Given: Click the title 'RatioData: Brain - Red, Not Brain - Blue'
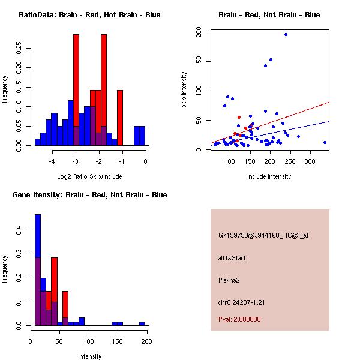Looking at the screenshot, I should (x=89, y=15).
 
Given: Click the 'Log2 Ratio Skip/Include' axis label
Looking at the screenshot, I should (x=89, y=176).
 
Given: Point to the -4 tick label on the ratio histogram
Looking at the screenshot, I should (x=52, y=161).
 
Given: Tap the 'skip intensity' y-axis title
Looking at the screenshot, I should (x=184, y=90).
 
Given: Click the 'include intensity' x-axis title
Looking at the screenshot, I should (x=269, y=176).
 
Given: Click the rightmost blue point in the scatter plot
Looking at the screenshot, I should (x=325, y=143).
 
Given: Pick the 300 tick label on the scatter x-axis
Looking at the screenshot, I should (x=310, y=161).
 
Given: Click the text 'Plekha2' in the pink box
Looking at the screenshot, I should (x=229, y=280).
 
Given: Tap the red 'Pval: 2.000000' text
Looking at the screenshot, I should (x=239, y=319).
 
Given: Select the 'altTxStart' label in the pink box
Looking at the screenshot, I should (x=232, y=258).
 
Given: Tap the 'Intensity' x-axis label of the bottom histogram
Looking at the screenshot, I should (x=90, y=356).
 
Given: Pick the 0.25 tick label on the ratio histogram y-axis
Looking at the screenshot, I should (x=19, y=48).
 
